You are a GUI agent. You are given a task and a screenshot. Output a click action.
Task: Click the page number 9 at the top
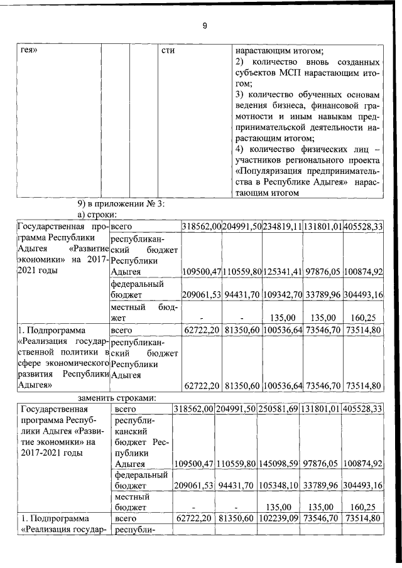click(x=204, y=25)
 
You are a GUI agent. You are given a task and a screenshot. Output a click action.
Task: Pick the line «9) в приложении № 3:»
click(x=121, y=204)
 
